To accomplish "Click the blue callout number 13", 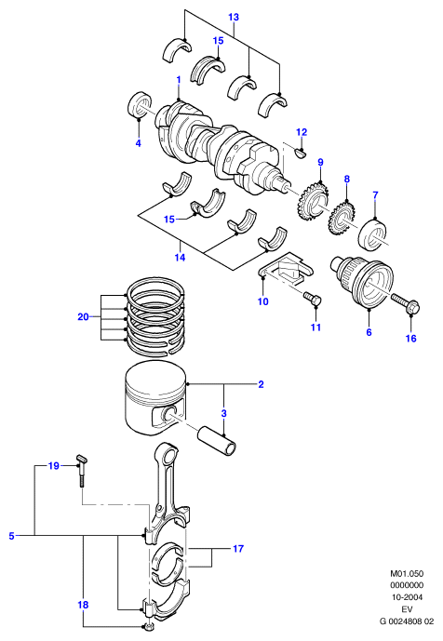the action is pos(234,17).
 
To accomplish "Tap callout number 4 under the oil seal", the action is pos(139,143).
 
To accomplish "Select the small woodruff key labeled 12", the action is pos(301,153).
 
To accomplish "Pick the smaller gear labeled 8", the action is pos(342,217).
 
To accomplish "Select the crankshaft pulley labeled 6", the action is pos(362,283).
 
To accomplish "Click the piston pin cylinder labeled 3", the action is pos(218,441).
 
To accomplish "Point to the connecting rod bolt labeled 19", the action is pos(82,469).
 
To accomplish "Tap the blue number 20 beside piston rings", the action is pos(83,317).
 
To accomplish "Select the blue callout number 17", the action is pos(238,549).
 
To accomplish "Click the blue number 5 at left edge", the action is pos(11,536).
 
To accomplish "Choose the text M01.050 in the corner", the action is pos(407,573).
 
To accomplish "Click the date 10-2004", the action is pos(407,597).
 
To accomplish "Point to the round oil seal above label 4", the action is pos(141,104).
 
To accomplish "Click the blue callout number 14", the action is pos(180,258).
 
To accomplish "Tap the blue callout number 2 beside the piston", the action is pos(261,384).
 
